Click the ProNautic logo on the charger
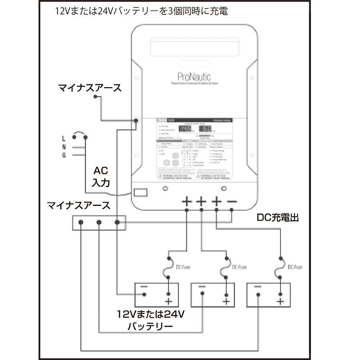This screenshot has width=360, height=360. (194, 76)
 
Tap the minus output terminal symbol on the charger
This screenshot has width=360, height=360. (232, 202)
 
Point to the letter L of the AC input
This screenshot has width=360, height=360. (64, 138)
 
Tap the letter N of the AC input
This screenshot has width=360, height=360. (64, 147)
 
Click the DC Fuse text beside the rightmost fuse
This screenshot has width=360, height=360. (295, 267)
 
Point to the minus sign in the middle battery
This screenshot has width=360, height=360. (202, 287)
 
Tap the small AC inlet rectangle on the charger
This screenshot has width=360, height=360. (140, 192)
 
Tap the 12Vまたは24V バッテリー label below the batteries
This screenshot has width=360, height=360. (150, 320)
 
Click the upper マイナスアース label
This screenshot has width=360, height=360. (90, 88)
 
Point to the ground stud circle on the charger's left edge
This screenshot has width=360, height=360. (136, 120)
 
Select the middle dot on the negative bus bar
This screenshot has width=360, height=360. (99, 222)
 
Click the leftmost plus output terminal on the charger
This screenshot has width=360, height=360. (187, 202)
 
